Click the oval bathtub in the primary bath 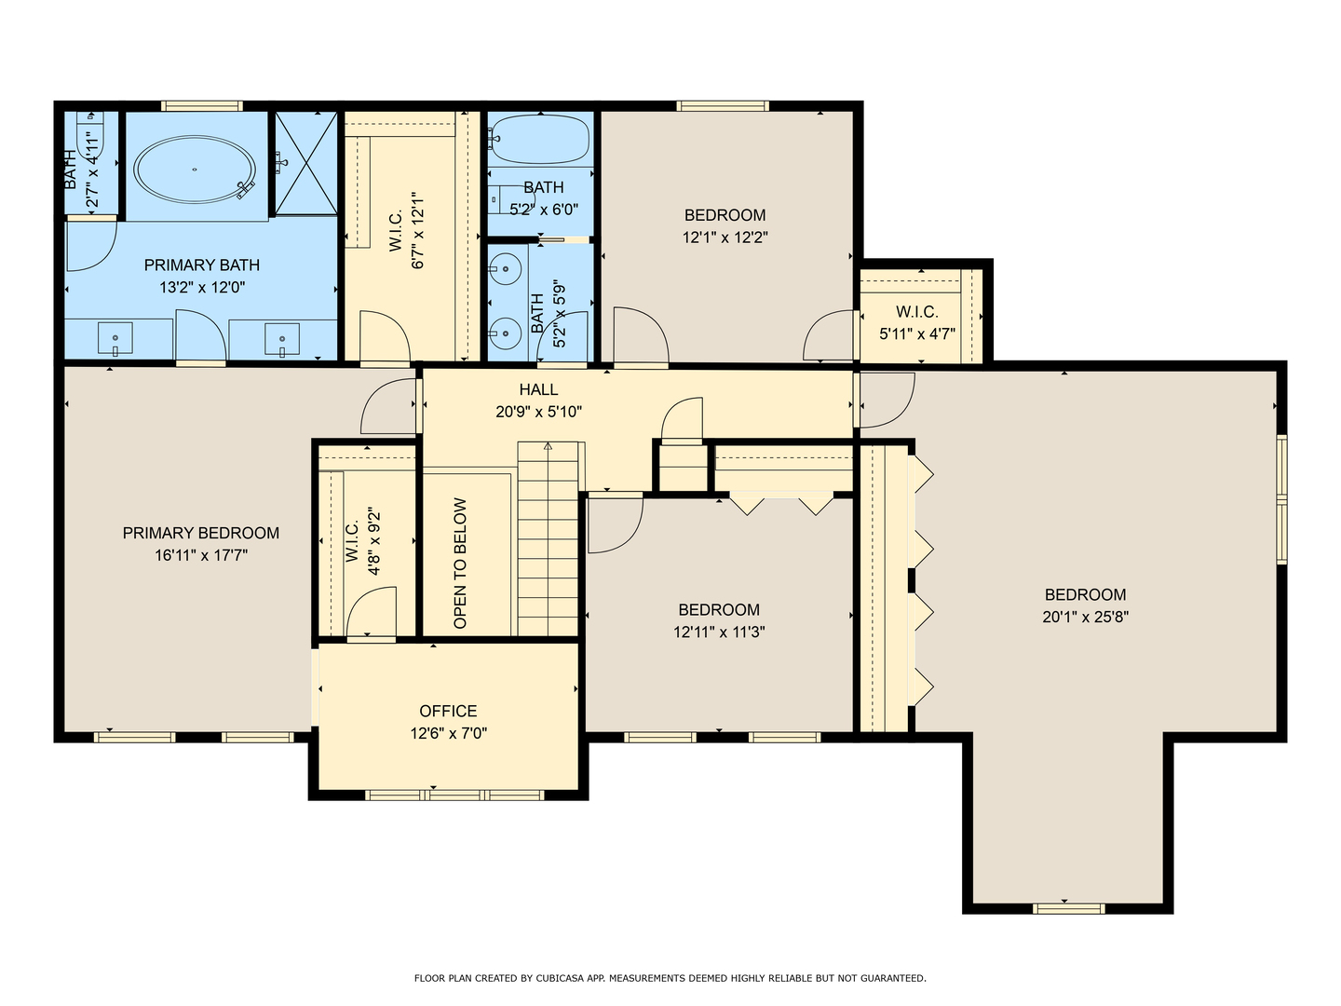tap(195, 170)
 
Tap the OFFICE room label tap(448, 711)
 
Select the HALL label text tap(538, 389)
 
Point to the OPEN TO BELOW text tap(461, 564)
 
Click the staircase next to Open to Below tap(548, 538)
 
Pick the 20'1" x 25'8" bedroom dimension tap(1085, 617)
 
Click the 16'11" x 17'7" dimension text tap(201, 555)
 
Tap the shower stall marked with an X tap(305, 163)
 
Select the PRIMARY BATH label tap(201, 265)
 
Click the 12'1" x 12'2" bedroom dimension tap(725, 237)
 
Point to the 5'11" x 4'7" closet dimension tap(917, 334)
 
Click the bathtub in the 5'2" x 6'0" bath tap(539, 140)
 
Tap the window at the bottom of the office tap(454, 795)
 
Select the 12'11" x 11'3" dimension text tap(719, 632)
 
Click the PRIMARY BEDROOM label tap(201, 533)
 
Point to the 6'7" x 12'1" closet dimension tap(418, 231)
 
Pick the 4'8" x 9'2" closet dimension tap(373, 540)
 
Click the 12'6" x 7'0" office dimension tap(449, 733)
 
